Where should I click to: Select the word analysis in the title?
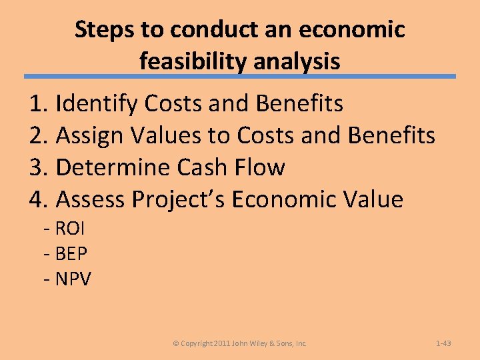coord(299,61)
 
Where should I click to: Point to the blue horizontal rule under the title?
coord(240,77)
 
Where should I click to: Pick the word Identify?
coord(97,104)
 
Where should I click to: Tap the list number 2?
coord(38,136)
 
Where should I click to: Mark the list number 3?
coord(38,167)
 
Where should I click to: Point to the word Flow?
coord(262,167)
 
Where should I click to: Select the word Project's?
coord(179,199)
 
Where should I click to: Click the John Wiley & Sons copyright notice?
coord(240,343)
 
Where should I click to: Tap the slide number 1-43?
coord(443,343)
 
